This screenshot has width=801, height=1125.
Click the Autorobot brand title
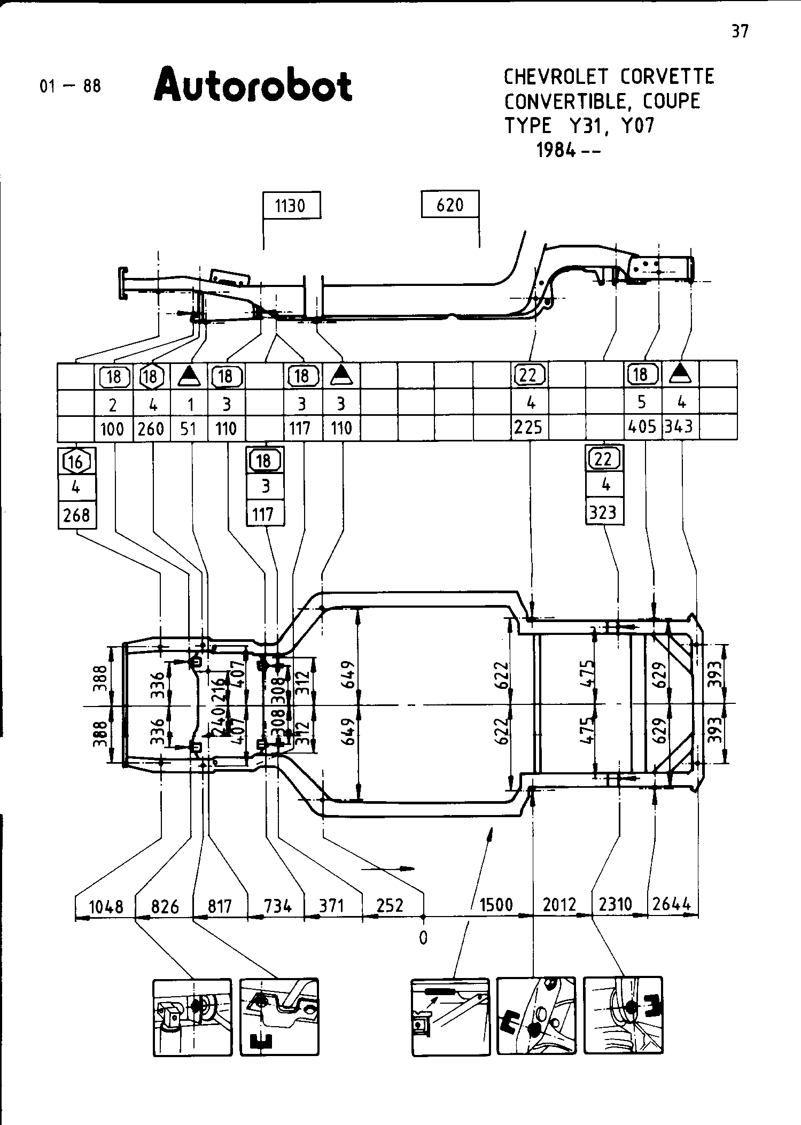[x=253, y=85]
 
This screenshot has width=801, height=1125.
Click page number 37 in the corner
[x=740, y=32]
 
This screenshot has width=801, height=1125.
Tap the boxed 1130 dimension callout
[x=292, y=205]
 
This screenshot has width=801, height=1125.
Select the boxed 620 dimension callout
[x=450, y=205]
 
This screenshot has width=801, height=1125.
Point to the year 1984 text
[x=556, y=151]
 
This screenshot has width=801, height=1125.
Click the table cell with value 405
[x=643, y=427]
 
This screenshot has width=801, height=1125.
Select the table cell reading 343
[x=680, y=427]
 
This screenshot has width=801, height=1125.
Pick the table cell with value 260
[x=151, y=429]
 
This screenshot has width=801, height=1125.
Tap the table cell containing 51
[x=189, y=429]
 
